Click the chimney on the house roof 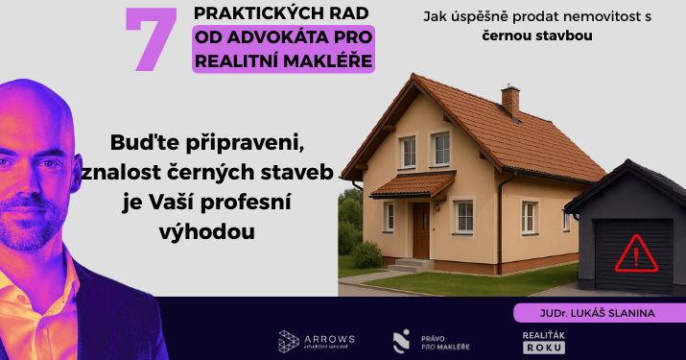(510, 101)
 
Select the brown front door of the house (421, 229)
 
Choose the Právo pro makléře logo (423, 341)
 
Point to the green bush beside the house (367, 254)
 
